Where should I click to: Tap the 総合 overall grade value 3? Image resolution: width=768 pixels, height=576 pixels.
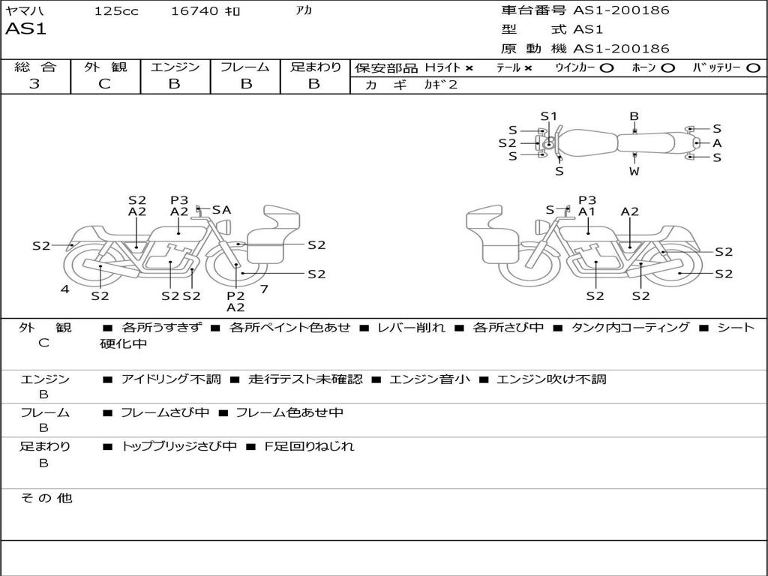click(x=34, y=84)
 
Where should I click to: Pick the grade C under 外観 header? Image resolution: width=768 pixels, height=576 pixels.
click(x=105, y=84)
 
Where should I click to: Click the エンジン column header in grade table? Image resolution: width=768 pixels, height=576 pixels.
click(x=175, y=67)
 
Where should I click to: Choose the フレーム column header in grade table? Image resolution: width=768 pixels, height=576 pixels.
click(x=245, y=67)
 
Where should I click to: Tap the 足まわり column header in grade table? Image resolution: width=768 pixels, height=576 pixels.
click(x=316, y=67)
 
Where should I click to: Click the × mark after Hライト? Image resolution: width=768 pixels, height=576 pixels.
click(x=469, y=68)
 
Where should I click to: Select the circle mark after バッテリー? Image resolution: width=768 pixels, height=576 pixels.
click(x=753, y=68)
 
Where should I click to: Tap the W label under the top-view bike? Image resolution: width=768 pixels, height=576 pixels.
click(x=634, y=171)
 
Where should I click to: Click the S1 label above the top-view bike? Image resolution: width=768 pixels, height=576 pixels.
click(x=549, y=116)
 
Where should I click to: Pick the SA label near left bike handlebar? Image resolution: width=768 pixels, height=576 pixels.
click(x=221, y=210)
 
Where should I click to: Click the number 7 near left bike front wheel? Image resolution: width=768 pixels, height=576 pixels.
click(x=264, y=289)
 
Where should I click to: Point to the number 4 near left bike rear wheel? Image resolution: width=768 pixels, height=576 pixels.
click(x=65, y=289)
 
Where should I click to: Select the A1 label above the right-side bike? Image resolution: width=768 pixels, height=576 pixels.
click(x=586, y=211)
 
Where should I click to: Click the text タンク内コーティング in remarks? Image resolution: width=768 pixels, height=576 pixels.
click(x=630, y=328)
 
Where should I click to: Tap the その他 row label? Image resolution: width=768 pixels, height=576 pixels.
click(x=46, y=498)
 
